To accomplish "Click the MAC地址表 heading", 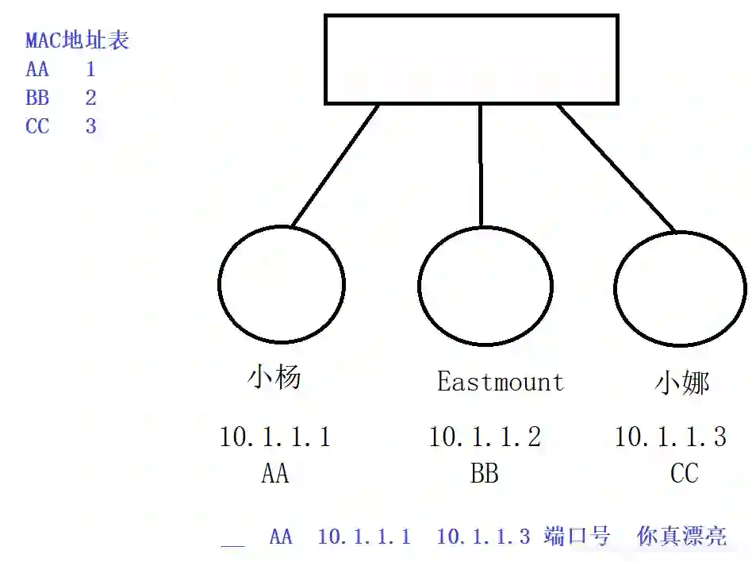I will click(77, 40).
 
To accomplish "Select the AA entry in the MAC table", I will click(37, 69).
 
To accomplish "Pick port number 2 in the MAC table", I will click(90, 98).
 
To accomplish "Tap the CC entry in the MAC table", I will click(37, 126).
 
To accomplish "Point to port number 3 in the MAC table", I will click(90, 126).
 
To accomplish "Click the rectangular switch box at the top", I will click(471, 59).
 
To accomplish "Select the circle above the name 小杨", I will click(281, 283).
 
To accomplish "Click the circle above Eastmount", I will click(485, 286).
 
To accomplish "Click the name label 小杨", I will click(274, 377).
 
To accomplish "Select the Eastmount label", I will click(500, 382).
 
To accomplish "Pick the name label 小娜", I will click(681, 383).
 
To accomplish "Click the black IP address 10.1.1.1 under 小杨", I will click(274, 437).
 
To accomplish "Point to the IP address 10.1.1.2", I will click(485, 437).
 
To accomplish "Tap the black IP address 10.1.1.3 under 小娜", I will click(670, 437).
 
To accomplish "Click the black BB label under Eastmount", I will click(484, 475).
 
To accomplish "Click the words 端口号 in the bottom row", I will click(577, 537).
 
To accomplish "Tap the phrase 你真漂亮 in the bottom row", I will click(681, 537).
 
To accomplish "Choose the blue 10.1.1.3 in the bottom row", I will click(483, 537).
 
